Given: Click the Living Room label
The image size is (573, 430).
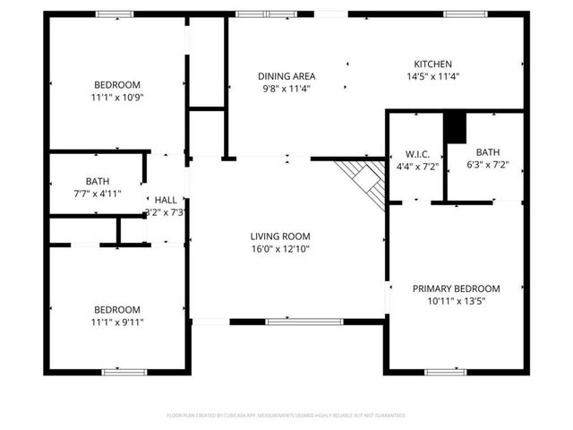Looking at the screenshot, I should click(280, 236).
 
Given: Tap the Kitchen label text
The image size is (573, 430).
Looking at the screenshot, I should click(432, 64).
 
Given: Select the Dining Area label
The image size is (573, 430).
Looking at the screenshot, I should click(286, 76).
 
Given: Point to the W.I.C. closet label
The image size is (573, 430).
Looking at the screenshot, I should click(417, 153).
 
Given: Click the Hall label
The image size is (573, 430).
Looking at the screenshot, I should click(166, 200).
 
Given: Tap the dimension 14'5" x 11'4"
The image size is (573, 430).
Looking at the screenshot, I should click(432, 77).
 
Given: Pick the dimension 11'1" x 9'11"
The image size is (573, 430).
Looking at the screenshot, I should click(116, 322).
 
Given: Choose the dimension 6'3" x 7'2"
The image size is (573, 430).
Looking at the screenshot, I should click(487, 166).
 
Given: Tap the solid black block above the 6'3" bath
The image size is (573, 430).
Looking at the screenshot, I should click(456, 127).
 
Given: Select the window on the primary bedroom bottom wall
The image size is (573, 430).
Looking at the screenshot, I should click(445, 372).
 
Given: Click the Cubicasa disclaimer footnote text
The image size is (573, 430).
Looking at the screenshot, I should click(286, 416).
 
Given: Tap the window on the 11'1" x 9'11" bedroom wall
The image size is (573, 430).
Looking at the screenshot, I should click(124, 372).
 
